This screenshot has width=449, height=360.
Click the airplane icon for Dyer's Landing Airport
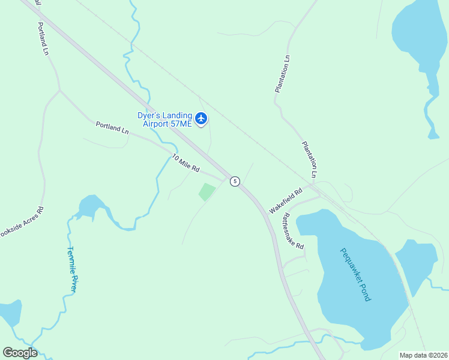pyautogui.click(x=201, y=119)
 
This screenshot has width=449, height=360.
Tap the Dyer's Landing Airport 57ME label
pyautogui.click(x=164, y=119)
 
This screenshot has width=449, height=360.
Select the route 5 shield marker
pyautogui.click(x=235, y=181)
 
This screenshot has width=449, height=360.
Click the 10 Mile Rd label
pyautogui.click(x=185, y=163)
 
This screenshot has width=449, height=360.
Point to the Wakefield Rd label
pyautogui.click(x=285, y=199)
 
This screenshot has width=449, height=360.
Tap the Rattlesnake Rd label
pyautogui.click(x=294, y=231)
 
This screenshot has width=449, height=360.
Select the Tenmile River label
pyautogui.click(x=72, y=269)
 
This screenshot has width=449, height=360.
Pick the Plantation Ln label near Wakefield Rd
pyautogui.click(x=309, y=159)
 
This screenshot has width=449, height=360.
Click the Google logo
pyautogui.click(x=20, y=353)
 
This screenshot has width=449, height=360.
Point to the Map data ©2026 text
pyautogui.click(x=423, y=355)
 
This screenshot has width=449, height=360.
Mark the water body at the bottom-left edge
pyautogui.click(x=10, y=313)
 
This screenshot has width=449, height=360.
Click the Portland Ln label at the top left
pyautogui.click(x=42, y=38)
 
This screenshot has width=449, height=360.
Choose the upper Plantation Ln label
pyautogui.click(x=282, y=74)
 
